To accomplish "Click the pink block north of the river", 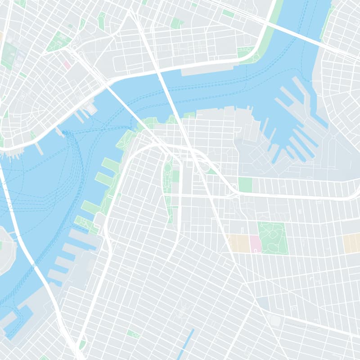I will pos(67,65).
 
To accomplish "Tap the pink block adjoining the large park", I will pos(255,243).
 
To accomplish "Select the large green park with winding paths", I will pos(273,238).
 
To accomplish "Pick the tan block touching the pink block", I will pos(239,243).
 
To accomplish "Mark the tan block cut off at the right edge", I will pos(351,243).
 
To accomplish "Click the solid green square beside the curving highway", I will pos(245,184).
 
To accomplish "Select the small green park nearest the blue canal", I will pos(133,333).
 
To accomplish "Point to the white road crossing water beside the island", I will pos(20,243).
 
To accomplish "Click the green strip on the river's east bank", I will pos(327,22).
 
